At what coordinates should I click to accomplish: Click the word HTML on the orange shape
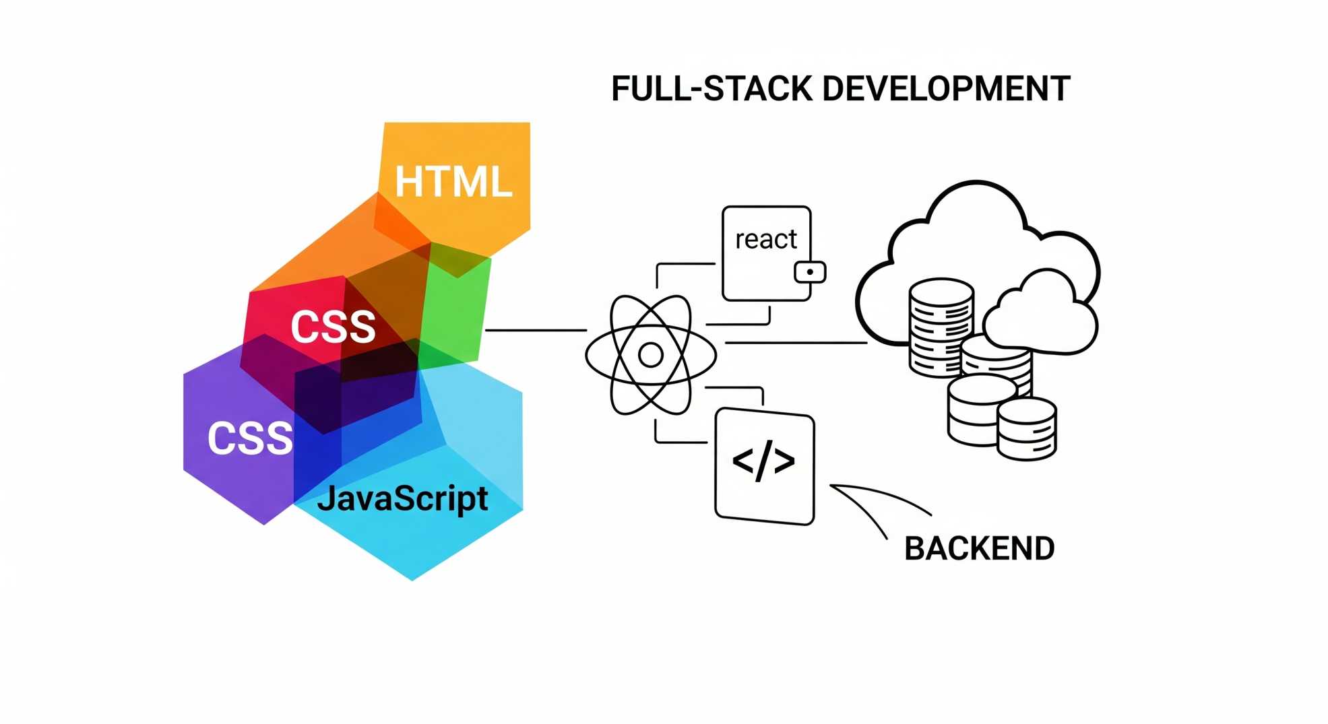pyautogui.click(x=453, y=182)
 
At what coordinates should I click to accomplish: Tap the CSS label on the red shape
pyautogui.click(x=333, y=327)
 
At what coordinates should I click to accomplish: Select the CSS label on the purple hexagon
pyautogui.click(x=250, y=438)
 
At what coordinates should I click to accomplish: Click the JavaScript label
pyautogui.click(x=402, y=499)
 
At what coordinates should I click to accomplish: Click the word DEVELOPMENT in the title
pyautogui.click(x=946, y=89)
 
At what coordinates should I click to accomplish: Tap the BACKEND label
pyautogui.click(x=979, y=549)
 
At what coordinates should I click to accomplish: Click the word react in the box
pyautogui.click(x=765, y=239)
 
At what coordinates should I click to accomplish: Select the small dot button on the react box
pyautogui.click(x=810, y=272)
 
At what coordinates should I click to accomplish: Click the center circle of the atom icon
pyautogui.click(x=650, y=355)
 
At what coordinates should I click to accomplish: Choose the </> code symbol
pyautogui.click(x=763, y=462)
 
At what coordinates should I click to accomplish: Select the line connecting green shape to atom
pyautogui.click(x=536, y=330)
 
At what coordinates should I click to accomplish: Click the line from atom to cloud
pyautogui.click(x=795, y=343)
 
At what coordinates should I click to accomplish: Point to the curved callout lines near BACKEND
pyautogui.click(x=876, y=502)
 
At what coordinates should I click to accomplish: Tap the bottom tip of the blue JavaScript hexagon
pyautogui.click(x=412, y=578)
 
